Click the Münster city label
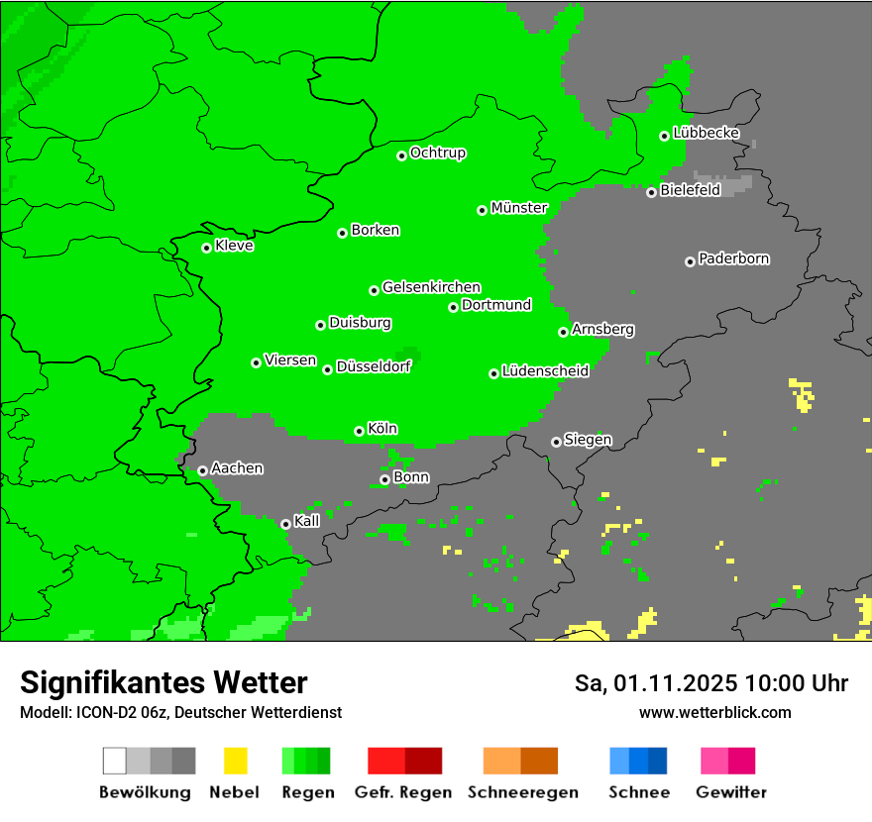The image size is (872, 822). (x=519, y=208)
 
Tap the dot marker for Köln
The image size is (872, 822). (x=359, y=431)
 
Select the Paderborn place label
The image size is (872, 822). (x=733, y=258)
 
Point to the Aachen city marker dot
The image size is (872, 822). (x=202, y=470)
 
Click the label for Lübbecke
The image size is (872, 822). (x=706, y=133)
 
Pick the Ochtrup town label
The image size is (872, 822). (x=437, y=154)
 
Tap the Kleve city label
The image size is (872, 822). (x=234, y=246)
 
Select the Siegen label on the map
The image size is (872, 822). (x=588, y=440)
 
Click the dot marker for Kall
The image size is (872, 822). (x=285, y=524)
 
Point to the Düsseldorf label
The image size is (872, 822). (x=373, y=366)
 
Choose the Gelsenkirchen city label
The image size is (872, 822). (x=431, y=287)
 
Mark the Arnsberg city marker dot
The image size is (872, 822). (x=563, y=332)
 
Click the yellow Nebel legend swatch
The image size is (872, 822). (x=235, y=761)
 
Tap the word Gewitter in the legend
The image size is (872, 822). (x=730, y=792)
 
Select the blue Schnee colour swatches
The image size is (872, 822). (x=638, y=761)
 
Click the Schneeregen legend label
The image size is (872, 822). (x=520, y=792)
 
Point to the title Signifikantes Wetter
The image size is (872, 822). (x=163, y=682)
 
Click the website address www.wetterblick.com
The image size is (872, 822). (x=714, y=712)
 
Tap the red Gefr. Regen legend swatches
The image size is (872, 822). (x=404, y=761)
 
